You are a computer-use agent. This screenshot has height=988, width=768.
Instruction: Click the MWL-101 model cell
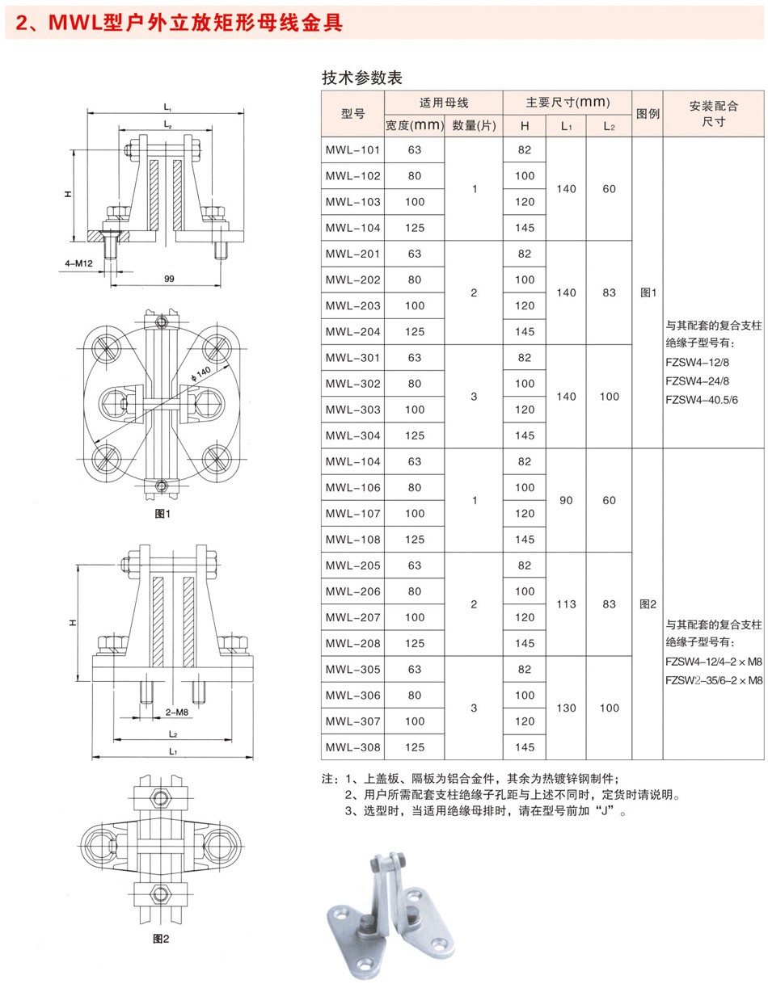[352, 150]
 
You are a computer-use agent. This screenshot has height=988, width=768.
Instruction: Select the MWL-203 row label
[352, 306]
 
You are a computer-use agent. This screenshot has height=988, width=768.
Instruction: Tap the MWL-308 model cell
[352, 747]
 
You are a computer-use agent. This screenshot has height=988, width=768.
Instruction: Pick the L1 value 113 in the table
[566, 604]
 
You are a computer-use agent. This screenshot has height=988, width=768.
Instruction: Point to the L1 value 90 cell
[566, 501]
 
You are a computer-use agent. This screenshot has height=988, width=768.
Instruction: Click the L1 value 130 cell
[566, 708]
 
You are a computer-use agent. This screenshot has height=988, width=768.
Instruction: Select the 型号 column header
[352, 114]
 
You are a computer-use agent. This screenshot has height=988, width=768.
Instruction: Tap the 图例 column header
[648, 114]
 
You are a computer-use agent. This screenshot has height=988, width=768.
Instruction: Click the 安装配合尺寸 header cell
[713, 114]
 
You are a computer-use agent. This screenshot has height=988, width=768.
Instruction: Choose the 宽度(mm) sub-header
[415, 125]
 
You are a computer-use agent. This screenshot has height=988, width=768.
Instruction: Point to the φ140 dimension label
[200, 373]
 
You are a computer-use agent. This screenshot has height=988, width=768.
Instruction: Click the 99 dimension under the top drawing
[169, 279]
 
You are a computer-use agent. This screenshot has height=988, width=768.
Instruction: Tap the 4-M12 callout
[78, 263]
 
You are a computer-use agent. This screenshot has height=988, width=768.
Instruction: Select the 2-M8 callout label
[176, 713]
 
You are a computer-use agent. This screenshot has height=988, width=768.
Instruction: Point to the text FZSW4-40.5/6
[702, 400]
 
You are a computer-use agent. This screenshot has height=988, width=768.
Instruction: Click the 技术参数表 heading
[362, 78]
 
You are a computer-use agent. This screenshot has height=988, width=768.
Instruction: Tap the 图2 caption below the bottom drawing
[161, 939]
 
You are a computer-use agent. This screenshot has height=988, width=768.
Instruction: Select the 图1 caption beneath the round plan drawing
[162, 514]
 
